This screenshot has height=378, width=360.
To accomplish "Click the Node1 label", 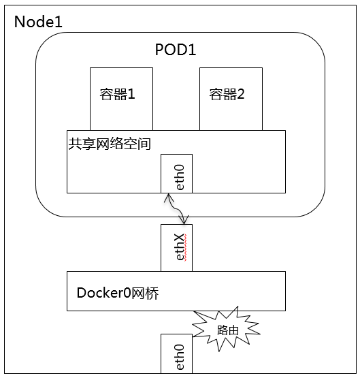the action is coord(38,22).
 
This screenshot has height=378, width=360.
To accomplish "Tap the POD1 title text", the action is coord(176,50).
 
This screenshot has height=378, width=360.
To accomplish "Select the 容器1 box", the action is coord(121,99).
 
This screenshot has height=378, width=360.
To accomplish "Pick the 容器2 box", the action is coord(231,99).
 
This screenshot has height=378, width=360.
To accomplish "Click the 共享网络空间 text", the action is coord(110,144).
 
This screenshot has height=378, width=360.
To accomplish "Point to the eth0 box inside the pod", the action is coord(176,174).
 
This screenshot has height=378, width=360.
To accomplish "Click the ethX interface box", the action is coord(176,248).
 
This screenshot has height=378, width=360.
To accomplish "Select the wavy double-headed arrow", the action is coord(176,208).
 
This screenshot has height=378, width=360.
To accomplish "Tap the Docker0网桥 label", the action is coord(118,293).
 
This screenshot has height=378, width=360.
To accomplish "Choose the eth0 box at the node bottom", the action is coord(176,353).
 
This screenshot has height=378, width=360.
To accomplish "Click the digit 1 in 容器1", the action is coord(131,94).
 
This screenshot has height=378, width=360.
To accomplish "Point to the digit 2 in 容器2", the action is coord(240,94).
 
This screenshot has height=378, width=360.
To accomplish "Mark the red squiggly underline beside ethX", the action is coord(185,248).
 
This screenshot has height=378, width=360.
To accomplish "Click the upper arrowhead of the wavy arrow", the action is coord(169,198).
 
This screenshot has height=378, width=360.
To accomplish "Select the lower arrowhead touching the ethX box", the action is coord(184,219).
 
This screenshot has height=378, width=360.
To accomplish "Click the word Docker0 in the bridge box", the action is coord(104,293).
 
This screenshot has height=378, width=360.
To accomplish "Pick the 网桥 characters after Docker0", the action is coord(145,293).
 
